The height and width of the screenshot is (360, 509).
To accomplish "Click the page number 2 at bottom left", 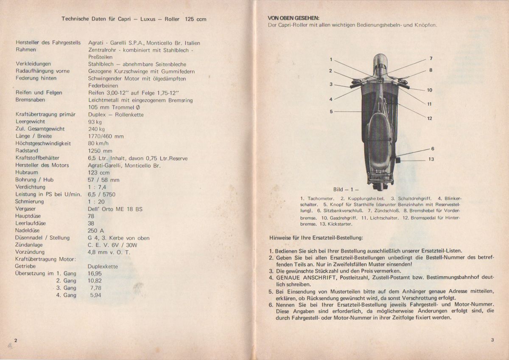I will click(x=15, y=340).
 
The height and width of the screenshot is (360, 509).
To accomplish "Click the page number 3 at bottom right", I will click(x=492, y=340).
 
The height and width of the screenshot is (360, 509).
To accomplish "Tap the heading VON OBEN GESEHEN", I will click(x=294, y=18).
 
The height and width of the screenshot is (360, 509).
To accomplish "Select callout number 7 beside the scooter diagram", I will click(x=431, y=58).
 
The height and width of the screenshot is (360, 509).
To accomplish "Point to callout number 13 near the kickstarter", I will click(x=431, y=159).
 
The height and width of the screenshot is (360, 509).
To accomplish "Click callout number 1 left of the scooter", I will click(x=331, y=59).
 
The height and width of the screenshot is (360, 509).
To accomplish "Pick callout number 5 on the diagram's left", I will click(x=331, y=111).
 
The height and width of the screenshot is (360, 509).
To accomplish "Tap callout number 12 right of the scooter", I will click(x=429, y=118).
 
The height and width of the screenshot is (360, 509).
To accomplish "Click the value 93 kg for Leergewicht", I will click(x=95, y=121).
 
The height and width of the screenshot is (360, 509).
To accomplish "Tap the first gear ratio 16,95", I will click(x=95, y=274).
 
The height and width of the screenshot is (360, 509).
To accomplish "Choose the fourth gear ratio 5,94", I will click(x=96, y=295).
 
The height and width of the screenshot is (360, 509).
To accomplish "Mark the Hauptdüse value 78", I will click(x=91, y=216).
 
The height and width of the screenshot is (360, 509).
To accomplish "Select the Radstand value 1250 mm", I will click(x=100, y=151).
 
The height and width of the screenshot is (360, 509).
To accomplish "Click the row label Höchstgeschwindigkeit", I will click(x=42, y=143).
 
